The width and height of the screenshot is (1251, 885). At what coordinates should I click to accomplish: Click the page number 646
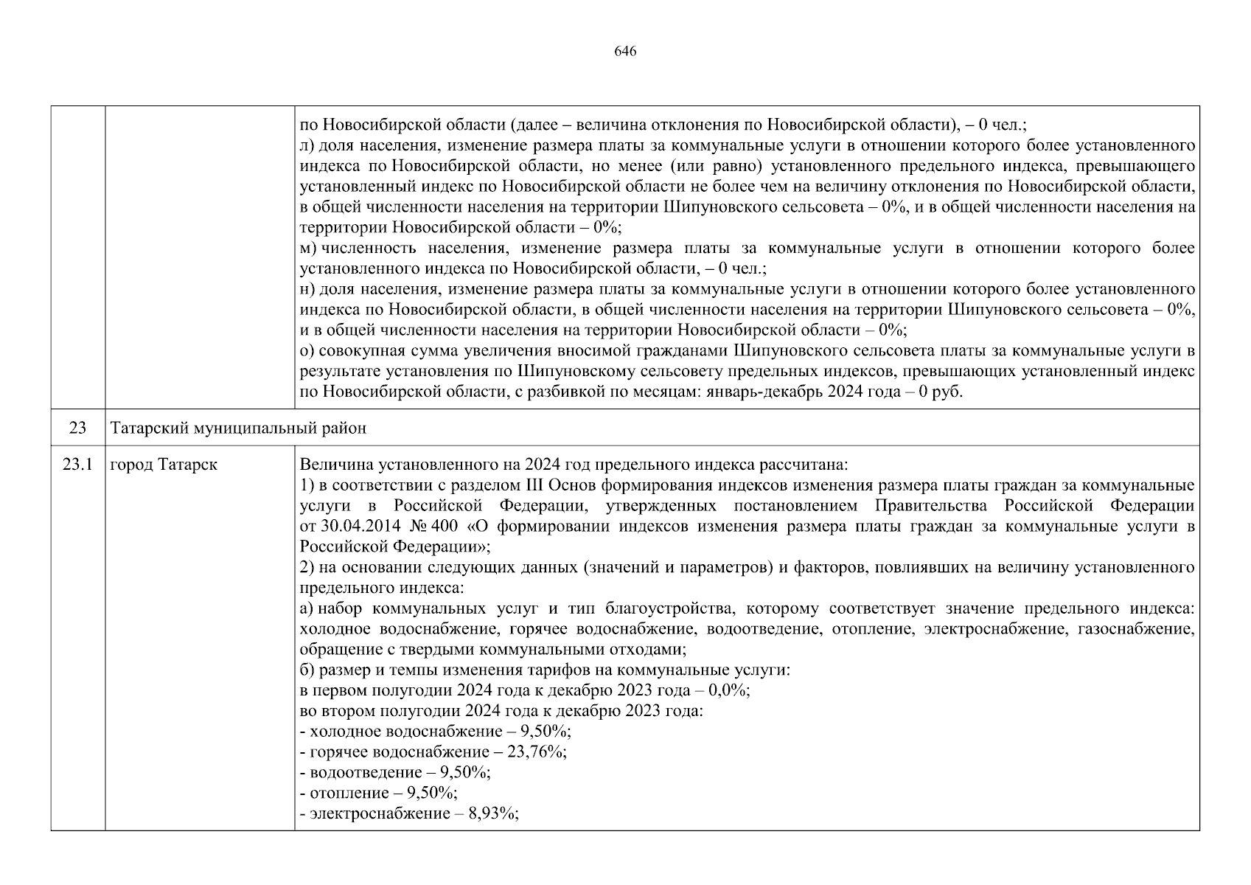624,51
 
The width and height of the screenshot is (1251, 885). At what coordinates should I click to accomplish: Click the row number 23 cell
77,428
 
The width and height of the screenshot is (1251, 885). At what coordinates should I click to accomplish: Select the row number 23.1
77,465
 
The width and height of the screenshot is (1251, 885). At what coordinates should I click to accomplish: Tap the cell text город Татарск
163,465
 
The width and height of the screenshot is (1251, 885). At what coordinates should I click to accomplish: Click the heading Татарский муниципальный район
237,428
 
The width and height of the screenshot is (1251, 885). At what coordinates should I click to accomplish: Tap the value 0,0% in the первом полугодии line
728,691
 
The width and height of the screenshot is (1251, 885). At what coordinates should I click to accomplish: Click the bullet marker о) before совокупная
307,350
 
